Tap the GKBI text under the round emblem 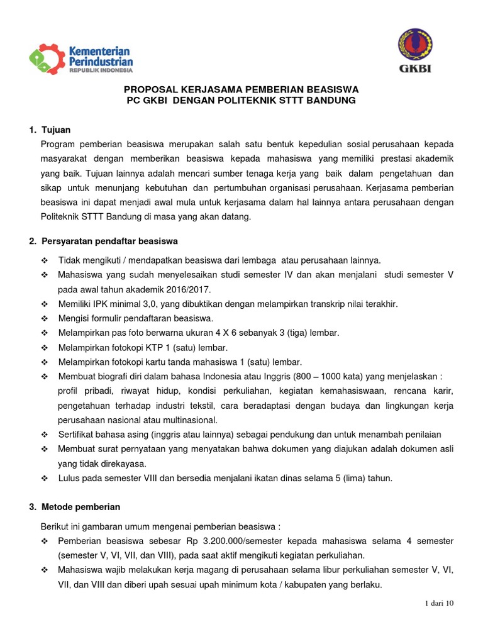coord(414,69)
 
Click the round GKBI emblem coord(414,45)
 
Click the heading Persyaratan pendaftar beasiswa coord(110,241)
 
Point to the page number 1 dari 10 coord(439,603)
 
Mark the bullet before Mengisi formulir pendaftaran coord(44,318)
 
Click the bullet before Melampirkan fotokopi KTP coord(44,347)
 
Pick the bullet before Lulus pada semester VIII coord(44,478)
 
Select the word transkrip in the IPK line coord(313,304)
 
